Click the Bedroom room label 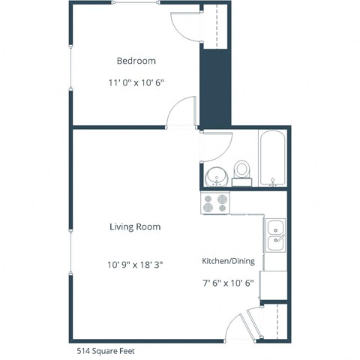point(136,61)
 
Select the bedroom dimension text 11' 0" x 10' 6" point(136,84)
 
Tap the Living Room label point(135,226)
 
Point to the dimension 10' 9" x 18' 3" point(135,264)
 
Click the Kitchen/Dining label point(228,261)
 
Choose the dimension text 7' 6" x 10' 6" point(228,283)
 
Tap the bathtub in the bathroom point(271,159)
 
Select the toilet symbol point(241,171)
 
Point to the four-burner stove point(214,202)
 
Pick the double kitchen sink point(275,234)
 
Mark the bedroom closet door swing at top point(185,25)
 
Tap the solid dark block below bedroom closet point(214,86)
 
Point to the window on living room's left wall point(70,232)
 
